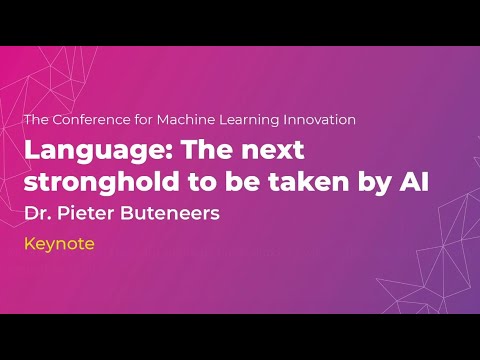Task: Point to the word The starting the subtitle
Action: coord(36,119)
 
